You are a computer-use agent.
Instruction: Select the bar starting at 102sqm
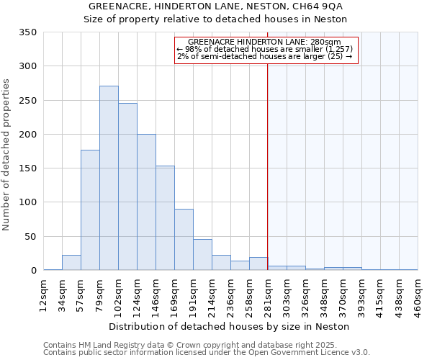(x=127, y=186)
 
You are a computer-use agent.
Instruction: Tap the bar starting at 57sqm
(x=90, y=210)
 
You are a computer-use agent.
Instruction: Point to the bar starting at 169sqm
(x=184, y=240)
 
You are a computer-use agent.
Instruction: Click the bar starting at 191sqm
(x=202, y=255)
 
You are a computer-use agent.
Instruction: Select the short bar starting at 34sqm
(x=71, y=263)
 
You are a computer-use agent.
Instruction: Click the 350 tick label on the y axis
(x=27, y=32)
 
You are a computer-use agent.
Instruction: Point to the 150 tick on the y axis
(x=27, y=168)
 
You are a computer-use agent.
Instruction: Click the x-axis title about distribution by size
(x=230, y=326)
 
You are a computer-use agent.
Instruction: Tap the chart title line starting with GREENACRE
(x=215, y=6)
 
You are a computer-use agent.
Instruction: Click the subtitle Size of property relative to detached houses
(x=215, y=19)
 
